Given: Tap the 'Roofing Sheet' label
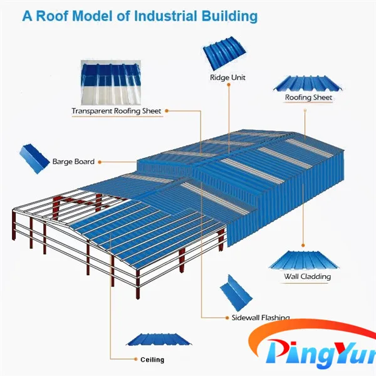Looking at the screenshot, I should coord(308,98).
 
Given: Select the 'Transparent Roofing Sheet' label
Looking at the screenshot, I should coord(116,112).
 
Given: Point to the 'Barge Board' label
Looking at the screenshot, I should coord(73,162).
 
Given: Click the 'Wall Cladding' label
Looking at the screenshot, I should coord(307,276).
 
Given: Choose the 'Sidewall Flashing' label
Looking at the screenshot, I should coord(256,318).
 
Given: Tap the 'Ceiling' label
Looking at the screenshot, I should coord(152,360).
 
